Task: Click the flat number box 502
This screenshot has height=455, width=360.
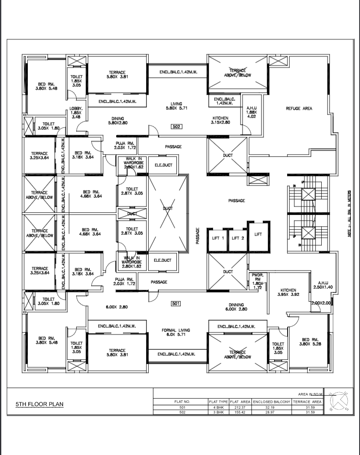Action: click(x=176, y=126)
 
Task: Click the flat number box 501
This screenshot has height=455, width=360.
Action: click(x=176, y=303)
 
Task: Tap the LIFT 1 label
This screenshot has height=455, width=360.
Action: click(x=218, y=238)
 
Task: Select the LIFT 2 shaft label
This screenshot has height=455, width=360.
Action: click(x=238, y=238)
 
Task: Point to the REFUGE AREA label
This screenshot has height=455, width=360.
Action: click(x=299, y=109)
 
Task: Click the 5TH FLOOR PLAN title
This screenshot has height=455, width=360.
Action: click(x=39, y=404)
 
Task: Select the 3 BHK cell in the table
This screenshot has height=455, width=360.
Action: click(x=219, y=412)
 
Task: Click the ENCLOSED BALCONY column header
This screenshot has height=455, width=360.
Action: click(x=272, y=402)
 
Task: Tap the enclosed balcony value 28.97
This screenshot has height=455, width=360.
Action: click(x=272, y=412)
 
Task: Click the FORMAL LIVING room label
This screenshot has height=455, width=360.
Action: click(x=176, y=332)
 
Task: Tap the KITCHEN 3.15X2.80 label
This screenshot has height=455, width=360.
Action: click(x=220, y=120)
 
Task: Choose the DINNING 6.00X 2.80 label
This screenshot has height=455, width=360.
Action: click(x=236, y=307)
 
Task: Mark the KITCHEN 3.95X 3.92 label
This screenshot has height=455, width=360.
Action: click(x=288, y=292)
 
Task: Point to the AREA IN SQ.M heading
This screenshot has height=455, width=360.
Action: click(x=310, y=394)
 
